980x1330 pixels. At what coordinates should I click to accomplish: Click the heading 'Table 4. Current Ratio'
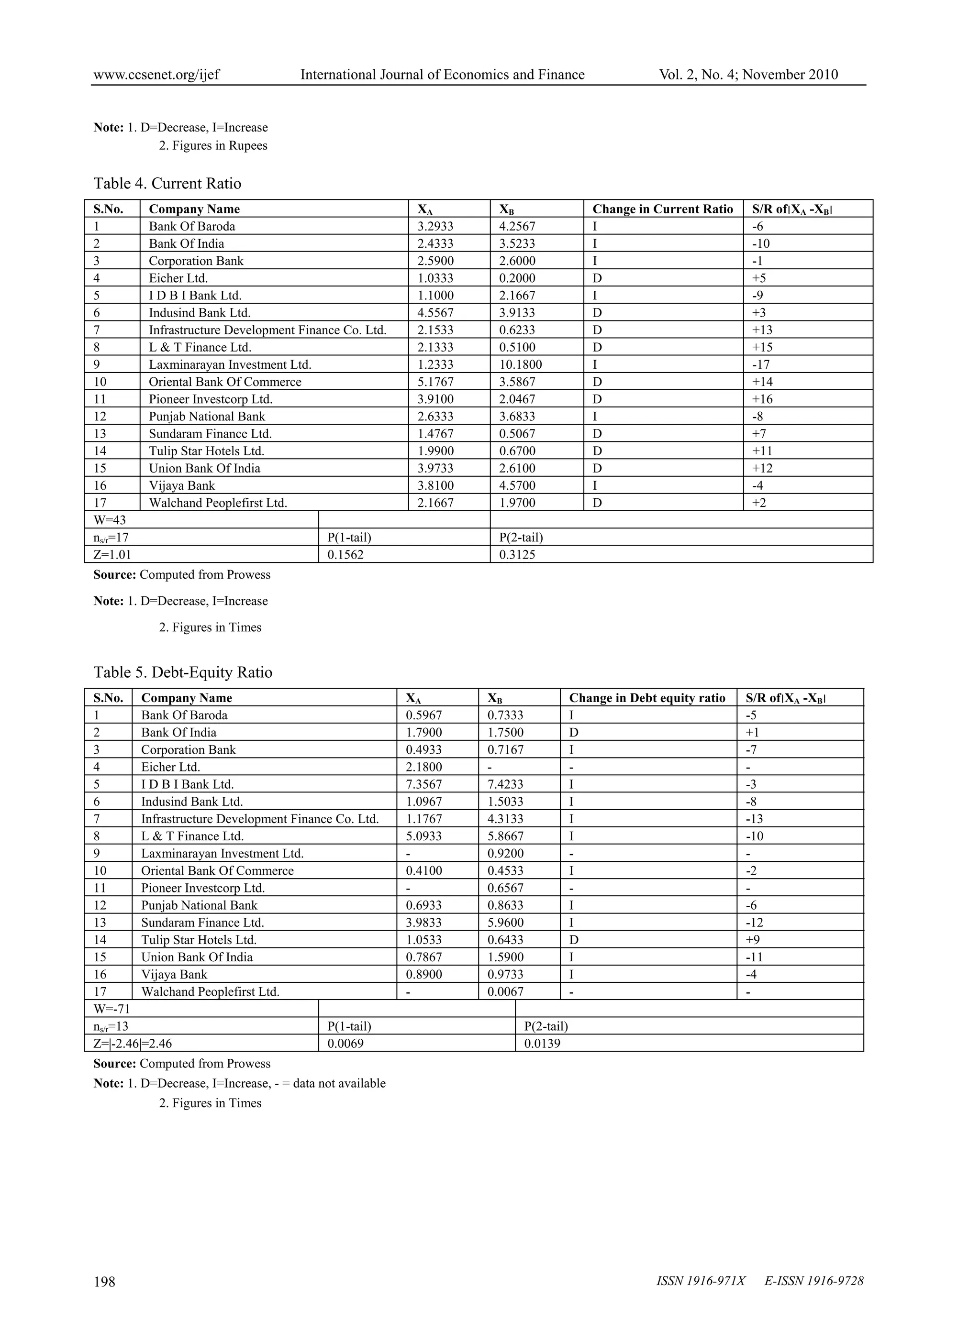[167, 184]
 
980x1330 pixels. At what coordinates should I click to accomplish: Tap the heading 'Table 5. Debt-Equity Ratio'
[183, 672]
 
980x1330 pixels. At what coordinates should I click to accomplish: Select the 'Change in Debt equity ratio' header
[647, 698]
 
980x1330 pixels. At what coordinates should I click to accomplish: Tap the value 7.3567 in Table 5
[423, 784]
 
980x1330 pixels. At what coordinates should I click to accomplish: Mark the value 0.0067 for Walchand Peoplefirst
[505, 991]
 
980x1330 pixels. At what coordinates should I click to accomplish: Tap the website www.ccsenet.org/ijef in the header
[156, 75]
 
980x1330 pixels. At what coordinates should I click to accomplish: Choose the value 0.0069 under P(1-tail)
[345, 1043]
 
